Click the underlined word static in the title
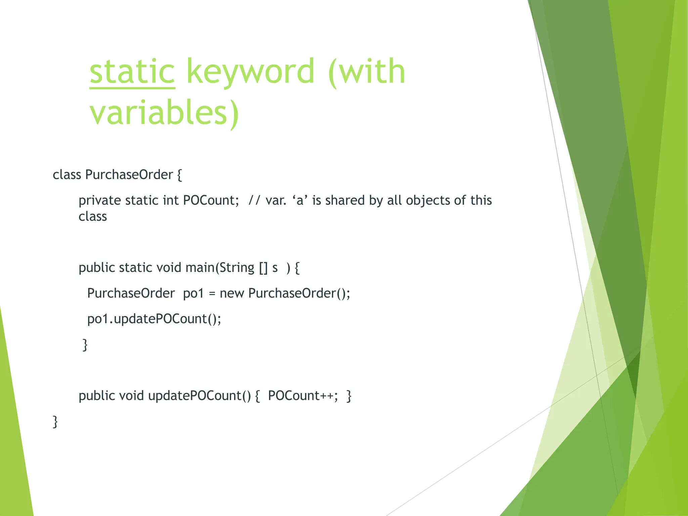coord(132,72)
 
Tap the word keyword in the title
coord(250,72)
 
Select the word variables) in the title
coord(164,113)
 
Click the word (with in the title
coord(367,72)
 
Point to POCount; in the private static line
coord(211,201)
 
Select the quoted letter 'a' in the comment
coord(300,201)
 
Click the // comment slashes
coord(254,201)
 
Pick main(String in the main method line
coord(220,268)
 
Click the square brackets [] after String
coord(263,268)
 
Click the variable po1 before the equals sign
coord(193,293)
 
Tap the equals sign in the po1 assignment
coord(212,294)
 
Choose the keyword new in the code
coord(232,294)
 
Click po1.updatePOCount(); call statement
coord(154,319)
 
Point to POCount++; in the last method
coord(303,396)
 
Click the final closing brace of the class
coord(55,422)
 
